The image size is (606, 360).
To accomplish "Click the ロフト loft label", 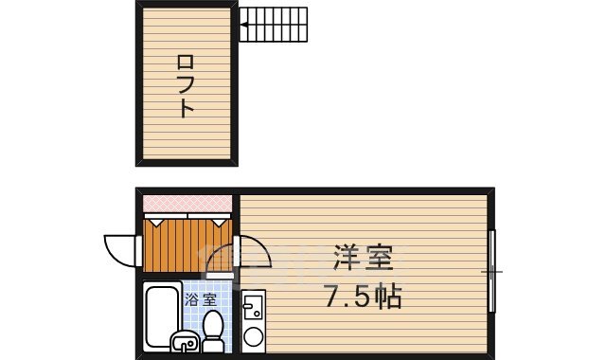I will coord(187,85).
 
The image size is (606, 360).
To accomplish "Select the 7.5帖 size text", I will coord(363,297).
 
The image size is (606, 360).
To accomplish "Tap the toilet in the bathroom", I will coord(213,329).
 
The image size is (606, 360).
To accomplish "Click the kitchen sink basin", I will coord(254,307).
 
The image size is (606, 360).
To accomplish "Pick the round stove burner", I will coord(254,335).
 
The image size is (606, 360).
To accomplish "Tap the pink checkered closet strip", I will coord(187,204).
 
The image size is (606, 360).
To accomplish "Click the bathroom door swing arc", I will coord(218,261).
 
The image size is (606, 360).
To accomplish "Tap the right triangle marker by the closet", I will coord(220,222).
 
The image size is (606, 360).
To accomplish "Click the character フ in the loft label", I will coord(187,85).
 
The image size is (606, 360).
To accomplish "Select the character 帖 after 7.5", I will coord(386,297).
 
